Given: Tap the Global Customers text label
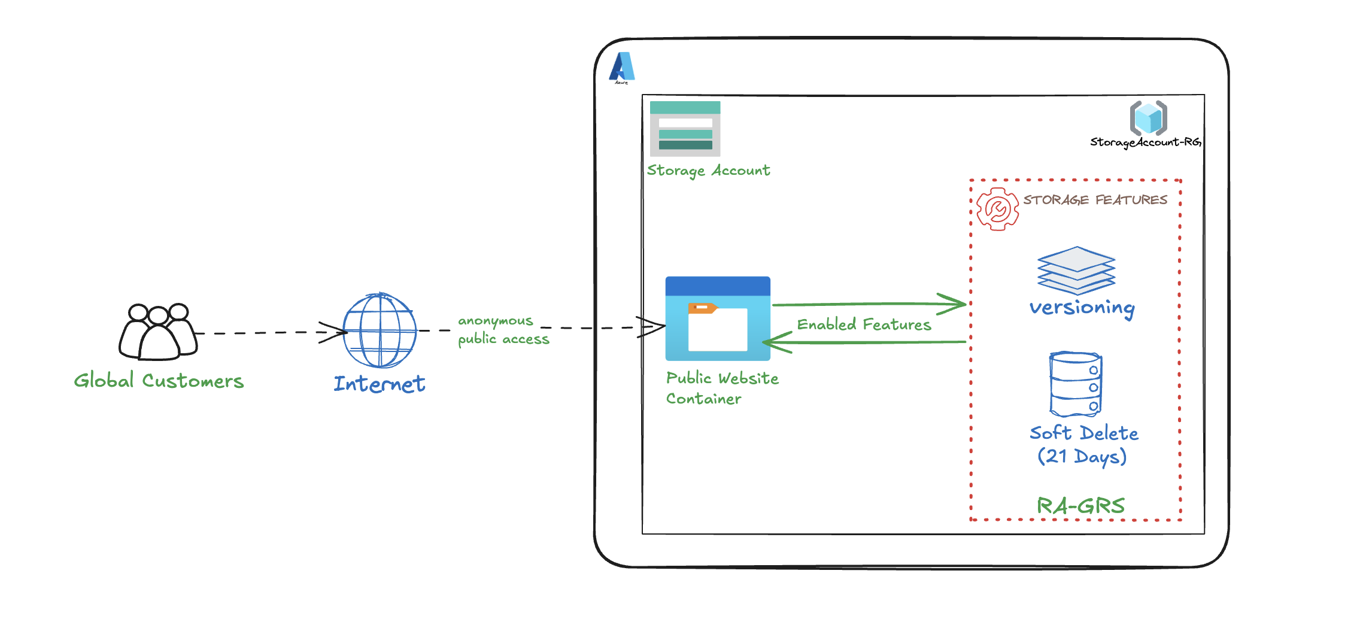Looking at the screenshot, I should coord(159,381).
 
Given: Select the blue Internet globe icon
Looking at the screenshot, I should coord(380,330).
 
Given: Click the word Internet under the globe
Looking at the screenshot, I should coord(380,384).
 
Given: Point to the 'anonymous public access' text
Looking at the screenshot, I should coord(503,330).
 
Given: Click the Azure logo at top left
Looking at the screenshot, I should coord(622,67).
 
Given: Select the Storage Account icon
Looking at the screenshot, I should coord(685,128).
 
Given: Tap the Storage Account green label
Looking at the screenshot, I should coord(708,171).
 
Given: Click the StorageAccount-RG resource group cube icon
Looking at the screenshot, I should coord(1148,117).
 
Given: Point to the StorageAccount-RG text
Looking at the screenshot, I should coord(1145,142).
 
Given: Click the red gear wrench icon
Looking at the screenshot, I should coord(997,209).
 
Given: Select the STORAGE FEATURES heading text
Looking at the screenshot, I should coord(1095,200).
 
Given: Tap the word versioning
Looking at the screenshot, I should coord(1082,308).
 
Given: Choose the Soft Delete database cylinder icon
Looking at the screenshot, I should coord(1076,384).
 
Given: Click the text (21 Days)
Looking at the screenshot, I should coord(1082,456).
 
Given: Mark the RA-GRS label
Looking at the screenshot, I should coord(1080,506).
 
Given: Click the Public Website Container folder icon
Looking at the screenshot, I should coord(718,318).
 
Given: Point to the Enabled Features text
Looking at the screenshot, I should coord(864,324).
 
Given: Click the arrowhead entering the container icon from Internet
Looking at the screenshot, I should coord(655,327).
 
